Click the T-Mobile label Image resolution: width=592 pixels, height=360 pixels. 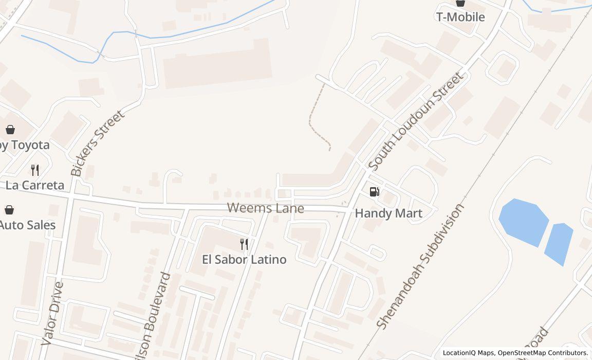pos(460,17)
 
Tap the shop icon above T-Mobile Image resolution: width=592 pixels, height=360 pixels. pos(460,3)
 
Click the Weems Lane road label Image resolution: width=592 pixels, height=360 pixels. pos(265,208)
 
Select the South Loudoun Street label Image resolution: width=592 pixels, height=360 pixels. pos(416,121)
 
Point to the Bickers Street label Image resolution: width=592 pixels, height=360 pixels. pos(98,143)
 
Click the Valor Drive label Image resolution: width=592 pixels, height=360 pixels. pos(52,313)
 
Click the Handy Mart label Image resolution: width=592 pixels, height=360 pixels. pos(388,213)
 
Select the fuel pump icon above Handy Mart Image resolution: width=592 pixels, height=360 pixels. pos(375,192)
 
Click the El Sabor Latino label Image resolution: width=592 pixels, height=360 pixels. pos(244,259)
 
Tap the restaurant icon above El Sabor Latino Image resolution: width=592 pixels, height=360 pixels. pos(244,244)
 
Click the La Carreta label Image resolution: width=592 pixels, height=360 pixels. pos(35,185)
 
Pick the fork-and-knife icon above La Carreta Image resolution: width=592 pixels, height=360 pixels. pos(35,170)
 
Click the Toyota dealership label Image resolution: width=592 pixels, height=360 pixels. pos(25,145)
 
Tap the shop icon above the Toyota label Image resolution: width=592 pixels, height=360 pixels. pos(10,130)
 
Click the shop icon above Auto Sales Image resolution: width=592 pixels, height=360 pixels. pos(9,210)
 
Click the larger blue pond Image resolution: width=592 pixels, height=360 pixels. pos(523,222)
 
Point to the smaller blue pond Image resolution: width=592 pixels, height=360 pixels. pos(559,243)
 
